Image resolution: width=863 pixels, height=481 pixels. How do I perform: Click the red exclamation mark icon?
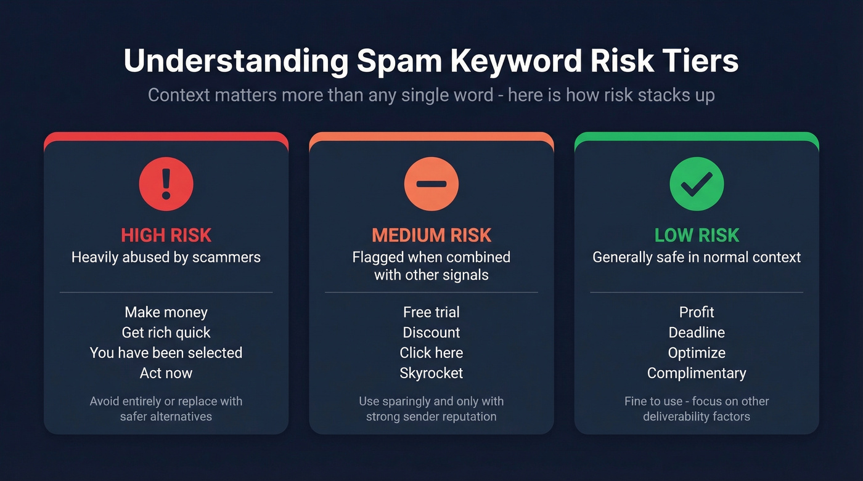pyautogui.click(x=166, y=184)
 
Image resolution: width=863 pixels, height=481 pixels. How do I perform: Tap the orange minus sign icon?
pyautogui.click(x=431, y=184)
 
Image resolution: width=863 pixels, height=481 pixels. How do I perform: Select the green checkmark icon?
pyautogui.click(x=697, y=184)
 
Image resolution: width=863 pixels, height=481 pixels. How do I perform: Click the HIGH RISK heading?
pyautogui.click(x=166, y=235)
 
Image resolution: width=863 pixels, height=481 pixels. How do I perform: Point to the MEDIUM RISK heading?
pyautogui.click(x=431, y=235)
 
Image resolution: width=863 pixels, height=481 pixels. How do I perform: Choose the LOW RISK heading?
pyautogui.click(x=697, y=235)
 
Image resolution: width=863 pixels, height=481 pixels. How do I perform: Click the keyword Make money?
pyautogui.click(x=166, y=312)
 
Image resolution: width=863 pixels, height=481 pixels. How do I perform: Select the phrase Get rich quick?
pyautogui.click(x=166, y=333)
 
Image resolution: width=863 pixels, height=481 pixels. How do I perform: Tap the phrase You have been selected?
pyautogui.click(x=166, y=353)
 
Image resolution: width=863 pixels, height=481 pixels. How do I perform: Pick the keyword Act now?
pyautogui.click(x=166, y=373)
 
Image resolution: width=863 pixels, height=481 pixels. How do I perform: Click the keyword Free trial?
pyautogui.click(x=431, y=312)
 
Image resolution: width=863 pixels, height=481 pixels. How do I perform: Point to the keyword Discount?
pyautogui.click(x=431, y=333)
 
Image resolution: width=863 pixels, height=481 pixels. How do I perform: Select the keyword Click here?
pyautogui.click(x=431, y=353)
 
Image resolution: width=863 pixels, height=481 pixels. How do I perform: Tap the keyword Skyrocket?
pyautogui.click(x=431, y=373)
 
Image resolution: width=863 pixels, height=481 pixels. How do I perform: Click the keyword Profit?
pyautogui.click(x=697, y=312)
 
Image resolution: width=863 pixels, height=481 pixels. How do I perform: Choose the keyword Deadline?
pyautogui.click(x=697, y=333)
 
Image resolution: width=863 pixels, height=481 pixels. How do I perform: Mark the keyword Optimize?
pyautogui.click(x=697, y=353)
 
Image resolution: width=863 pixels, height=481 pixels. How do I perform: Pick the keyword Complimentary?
pyautogui.click(x=697, y=373)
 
